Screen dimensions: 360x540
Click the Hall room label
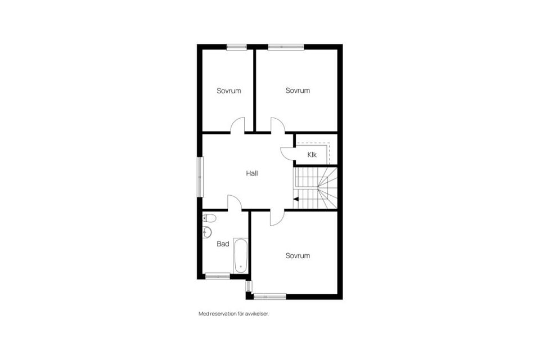[x=252, y=174]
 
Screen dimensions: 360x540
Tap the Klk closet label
[x=312, y=155]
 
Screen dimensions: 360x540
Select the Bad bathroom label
[x=223, y=244]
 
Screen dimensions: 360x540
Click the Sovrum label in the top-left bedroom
[x=229, y=91]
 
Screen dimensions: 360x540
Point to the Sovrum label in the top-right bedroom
[x=298, y=91]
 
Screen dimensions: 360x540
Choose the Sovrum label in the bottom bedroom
[x=298, y=256]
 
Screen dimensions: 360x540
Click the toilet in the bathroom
[x=209, y=218]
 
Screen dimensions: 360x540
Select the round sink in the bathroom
[x=207, y=232]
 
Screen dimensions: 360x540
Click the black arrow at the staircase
[x=296, y=199]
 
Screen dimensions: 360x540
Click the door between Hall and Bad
[x=235, y=203]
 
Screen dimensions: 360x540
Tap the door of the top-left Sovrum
[x=237, y=125]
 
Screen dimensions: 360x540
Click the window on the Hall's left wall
[x=200, y=177]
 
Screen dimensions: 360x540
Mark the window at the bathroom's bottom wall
[x=217, y=276]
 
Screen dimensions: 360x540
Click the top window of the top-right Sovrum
[x=286, y=47]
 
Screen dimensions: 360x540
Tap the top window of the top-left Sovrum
[x=237, y=47]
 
